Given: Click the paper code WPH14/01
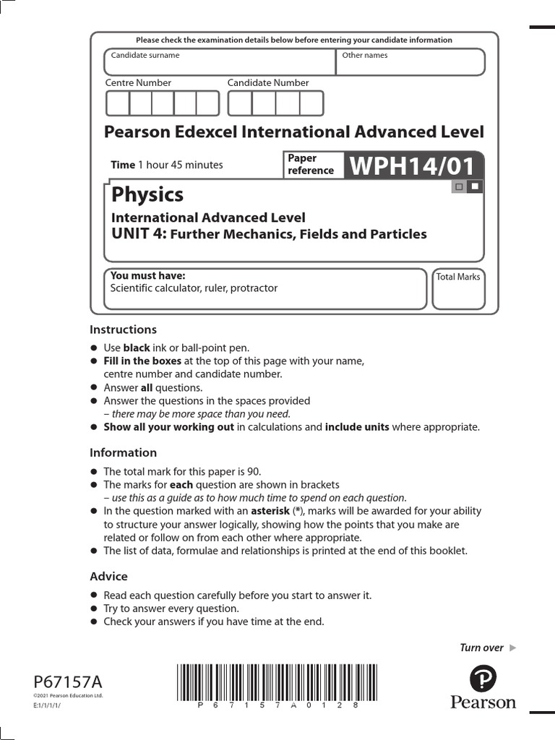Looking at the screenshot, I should pos(413,166).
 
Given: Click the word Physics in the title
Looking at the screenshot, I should pos(147,194).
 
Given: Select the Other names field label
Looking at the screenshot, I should pos(365,55).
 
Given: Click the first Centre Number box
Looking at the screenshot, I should pos(118,104).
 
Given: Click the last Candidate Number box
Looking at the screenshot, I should pos(311,104).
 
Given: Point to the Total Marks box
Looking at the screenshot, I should pos(458,289).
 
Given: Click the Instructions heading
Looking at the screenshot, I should pos(123,330).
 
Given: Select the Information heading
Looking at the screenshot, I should pos(123,452).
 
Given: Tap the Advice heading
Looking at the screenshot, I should pos(108,576).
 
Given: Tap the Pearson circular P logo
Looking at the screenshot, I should pos(483,680).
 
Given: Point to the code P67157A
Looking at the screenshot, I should pos(68,681).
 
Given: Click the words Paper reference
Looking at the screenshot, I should pos(311,165).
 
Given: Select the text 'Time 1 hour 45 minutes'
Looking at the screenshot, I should pos(166,165).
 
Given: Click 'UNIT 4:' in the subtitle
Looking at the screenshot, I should pos(139,233).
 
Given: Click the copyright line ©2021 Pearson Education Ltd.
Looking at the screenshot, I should pos(69,695).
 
